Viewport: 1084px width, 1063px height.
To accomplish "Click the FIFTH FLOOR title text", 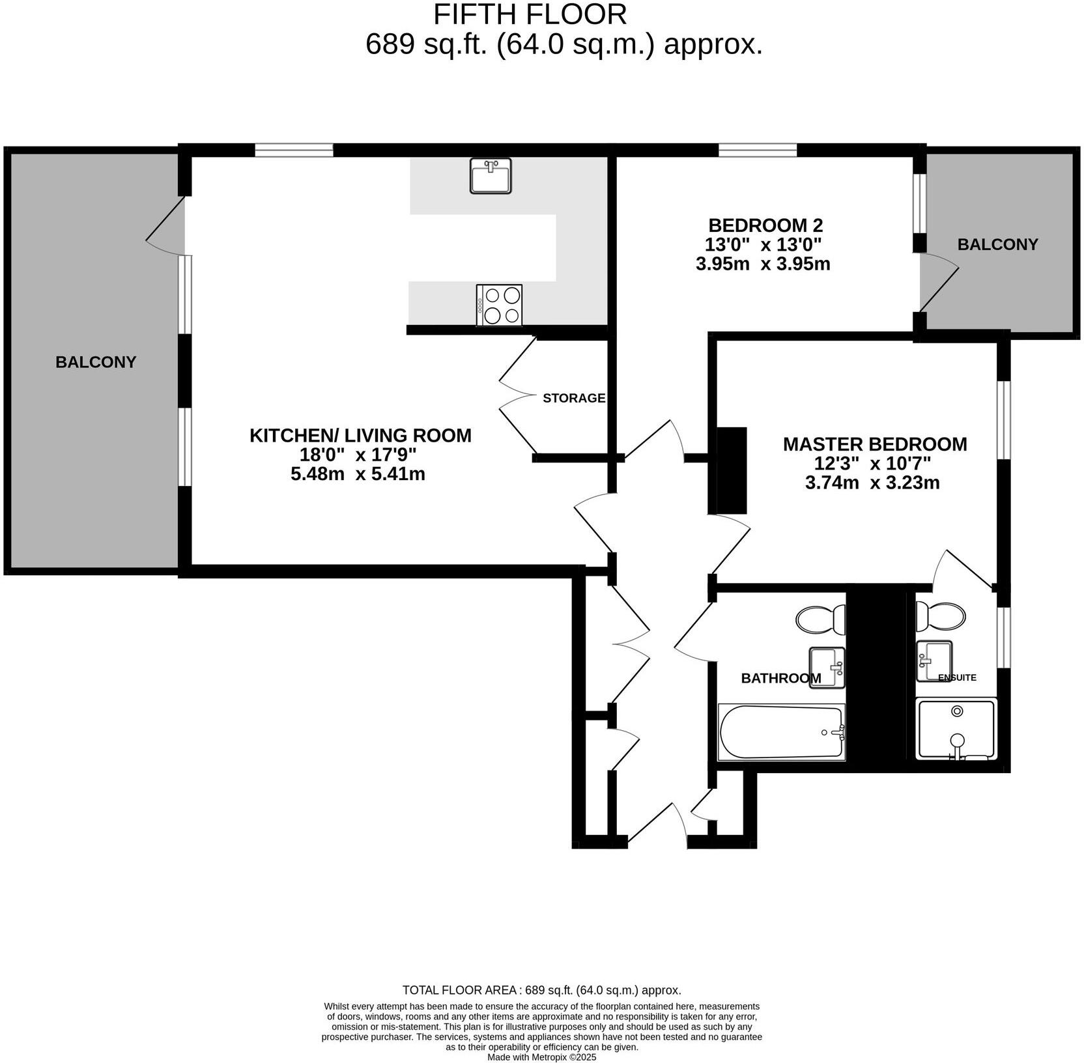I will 530,14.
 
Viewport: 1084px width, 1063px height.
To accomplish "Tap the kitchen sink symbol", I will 490,176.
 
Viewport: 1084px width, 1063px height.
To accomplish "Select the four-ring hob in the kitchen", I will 499,305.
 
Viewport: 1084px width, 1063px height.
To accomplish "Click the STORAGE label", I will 574,398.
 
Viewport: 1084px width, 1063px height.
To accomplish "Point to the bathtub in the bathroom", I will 780,732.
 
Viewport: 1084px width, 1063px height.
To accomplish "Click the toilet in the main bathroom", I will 820,619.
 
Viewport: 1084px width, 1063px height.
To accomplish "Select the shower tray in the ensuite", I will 956,729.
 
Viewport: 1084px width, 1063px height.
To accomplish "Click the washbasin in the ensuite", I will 934,660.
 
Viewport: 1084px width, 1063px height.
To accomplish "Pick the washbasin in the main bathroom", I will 827,666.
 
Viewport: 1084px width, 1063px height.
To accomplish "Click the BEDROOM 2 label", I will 765,225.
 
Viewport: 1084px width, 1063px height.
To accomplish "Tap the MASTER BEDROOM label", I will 874,444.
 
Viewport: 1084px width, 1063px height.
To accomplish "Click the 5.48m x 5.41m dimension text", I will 358,474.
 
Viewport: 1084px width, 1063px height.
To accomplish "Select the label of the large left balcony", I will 96,362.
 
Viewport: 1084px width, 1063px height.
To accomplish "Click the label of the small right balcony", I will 997,244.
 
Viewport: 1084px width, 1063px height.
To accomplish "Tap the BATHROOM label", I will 780,678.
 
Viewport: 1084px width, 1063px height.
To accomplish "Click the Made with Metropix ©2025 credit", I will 541,1057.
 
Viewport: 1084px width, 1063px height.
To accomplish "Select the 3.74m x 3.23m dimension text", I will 872,483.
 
